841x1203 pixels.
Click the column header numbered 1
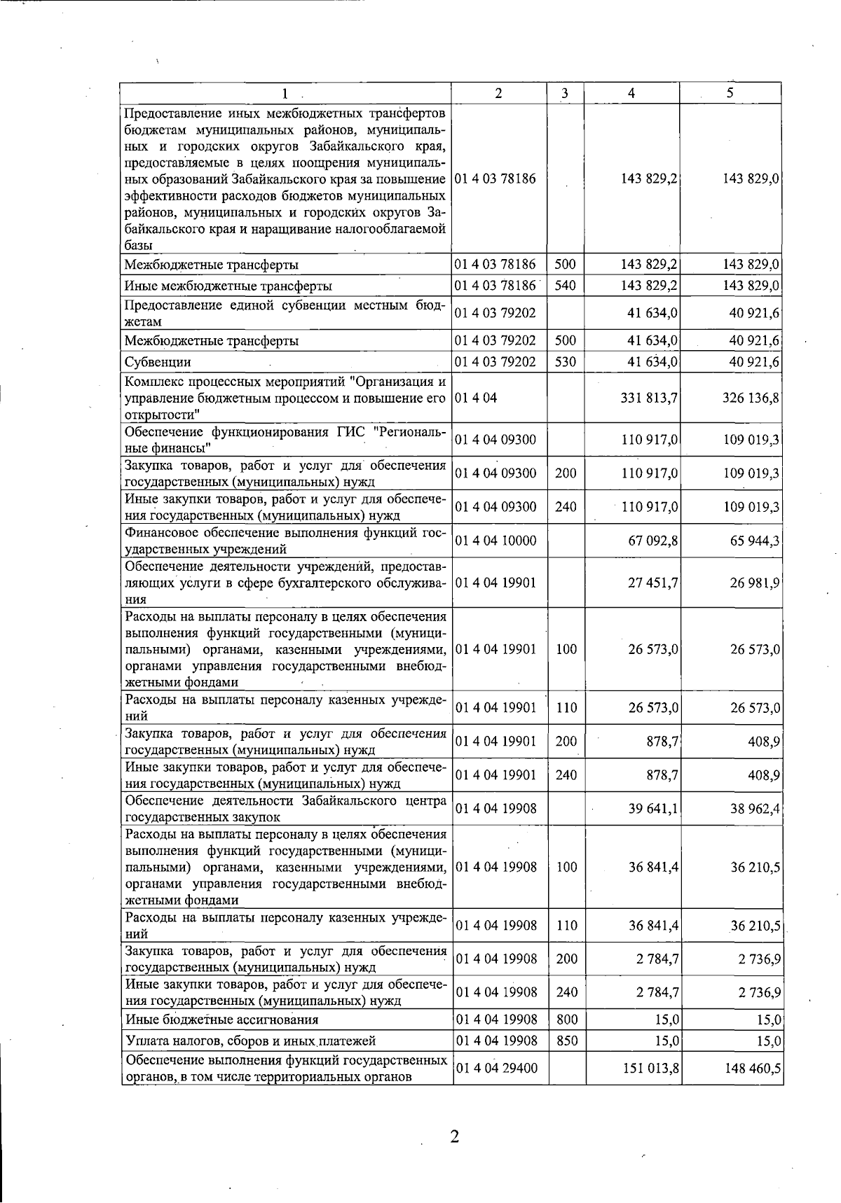click(x=285, y=94)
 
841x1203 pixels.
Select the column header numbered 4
click(x=632, y=94)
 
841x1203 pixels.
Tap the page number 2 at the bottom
click(x=454, y=1136)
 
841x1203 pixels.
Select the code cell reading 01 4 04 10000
click(x=495, y=541)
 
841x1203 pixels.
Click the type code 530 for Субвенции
click(x=565, y=362)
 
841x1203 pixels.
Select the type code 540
click(x=565, y=286)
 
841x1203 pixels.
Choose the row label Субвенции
click(x=158, y=363)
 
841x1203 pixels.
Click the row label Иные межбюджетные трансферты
click(x=228, y=286)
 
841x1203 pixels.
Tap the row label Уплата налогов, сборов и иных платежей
click(x=251, y=1041)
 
